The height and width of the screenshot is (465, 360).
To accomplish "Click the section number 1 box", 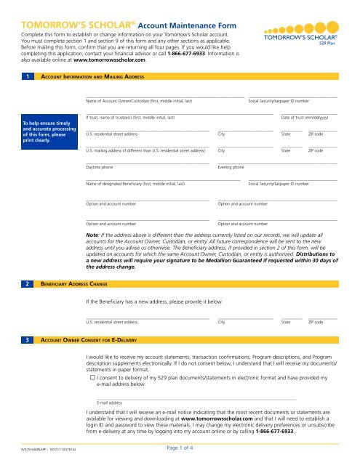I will click(x=27, y=76).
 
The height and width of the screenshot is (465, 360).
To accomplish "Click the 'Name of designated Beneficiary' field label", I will click(x=135, y=185).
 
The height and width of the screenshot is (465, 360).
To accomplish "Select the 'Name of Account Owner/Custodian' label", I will click(x=138, y=100).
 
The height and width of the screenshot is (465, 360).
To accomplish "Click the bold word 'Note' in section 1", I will click(x=92, y=235).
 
